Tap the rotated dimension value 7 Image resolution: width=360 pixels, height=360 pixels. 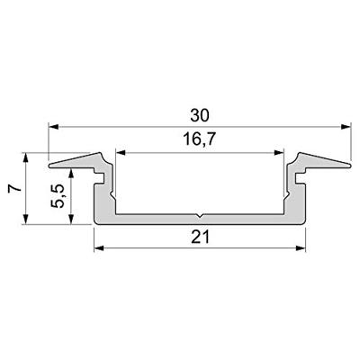[13, 188]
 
